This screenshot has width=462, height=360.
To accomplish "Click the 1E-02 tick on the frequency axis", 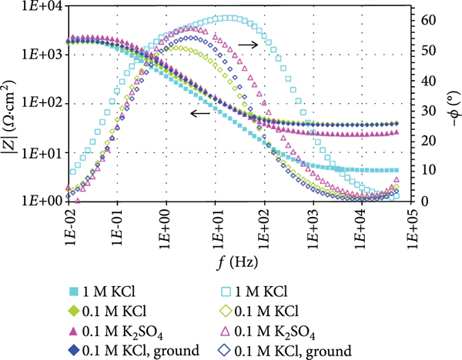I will click(69, 223).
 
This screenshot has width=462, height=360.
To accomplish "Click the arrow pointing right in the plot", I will click(248, 45).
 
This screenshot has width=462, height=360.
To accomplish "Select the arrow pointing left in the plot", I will click(200, 114).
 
